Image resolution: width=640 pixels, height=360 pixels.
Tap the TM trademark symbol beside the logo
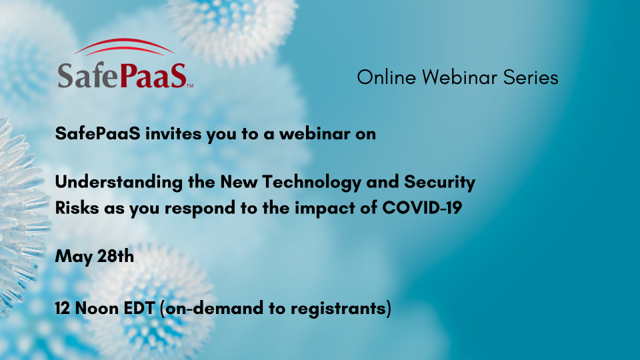(x=190, y=86)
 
